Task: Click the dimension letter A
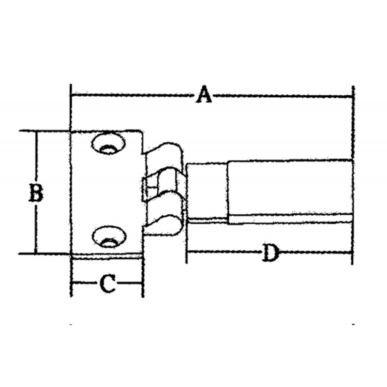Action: pos(204,94)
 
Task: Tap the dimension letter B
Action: pos(36,192)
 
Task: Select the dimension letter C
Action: pos(107,283)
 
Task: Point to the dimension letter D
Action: pos(270,253)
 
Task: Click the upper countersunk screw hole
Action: pos(108,144)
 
